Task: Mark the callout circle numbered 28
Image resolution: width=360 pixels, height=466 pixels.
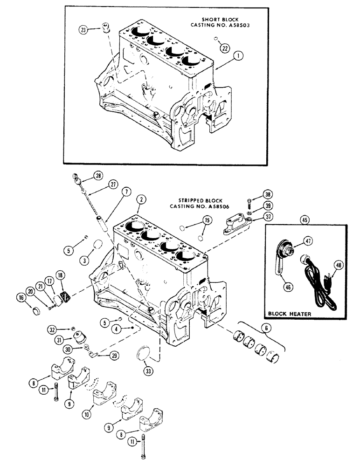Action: point(98,176)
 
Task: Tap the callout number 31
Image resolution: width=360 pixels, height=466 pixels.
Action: point(59,341)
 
